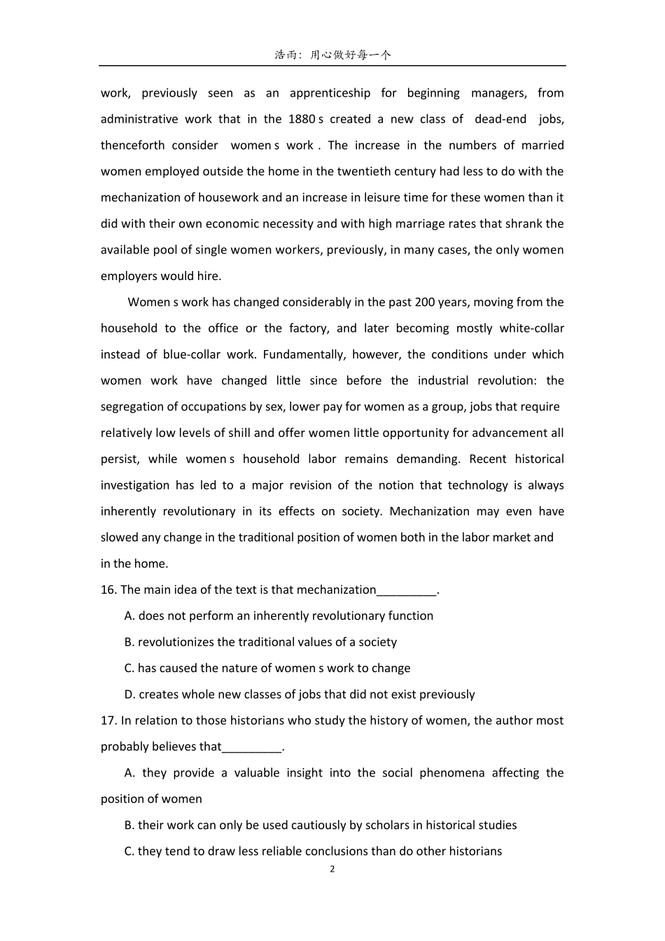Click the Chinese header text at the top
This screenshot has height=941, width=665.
[332, 55]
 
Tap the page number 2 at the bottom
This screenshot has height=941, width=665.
[332, 870]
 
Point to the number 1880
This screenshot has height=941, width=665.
[301, 119]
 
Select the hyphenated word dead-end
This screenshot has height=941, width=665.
[500, 119]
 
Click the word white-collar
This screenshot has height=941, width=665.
[531, 328]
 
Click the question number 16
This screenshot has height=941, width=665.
[108, 590]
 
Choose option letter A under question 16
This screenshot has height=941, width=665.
[129, 616]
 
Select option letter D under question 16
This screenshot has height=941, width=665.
[129, 695]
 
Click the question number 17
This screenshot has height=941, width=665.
[108, 720]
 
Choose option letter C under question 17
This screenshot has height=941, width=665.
[129, 851]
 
